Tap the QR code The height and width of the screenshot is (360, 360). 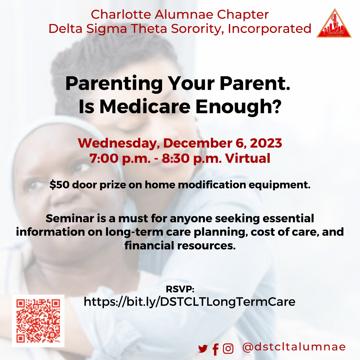coord(38,321)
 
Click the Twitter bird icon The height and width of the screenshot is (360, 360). coord(203,349)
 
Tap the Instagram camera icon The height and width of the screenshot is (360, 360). coord(228,349)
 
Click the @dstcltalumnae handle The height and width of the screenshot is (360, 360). coord(294,347)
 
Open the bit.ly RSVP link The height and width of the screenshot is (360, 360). coord(189,302)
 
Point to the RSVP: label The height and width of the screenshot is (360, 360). coord(180,289)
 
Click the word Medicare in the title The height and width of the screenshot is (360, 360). coord(145,107)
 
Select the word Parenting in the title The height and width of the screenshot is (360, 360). coord(114,84)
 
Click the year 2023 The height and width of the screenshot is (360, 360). coord(266,143)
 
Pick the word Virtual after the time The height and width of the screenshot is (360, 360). coord(247,158)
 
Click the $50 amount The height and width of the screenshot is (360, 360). coord(59,185)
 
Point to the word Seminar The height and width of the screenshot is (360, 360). coord(70,218)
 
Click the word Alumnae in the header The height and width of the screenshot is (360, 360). coord(184,14)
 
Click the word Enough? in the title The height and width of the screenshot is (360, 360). coord(238,107)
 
